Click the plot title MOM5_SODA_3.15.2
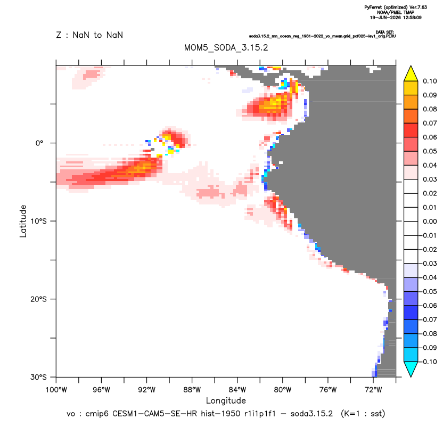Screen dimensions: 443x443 [226, 47]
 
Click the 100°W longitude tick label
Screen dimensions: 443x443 [56, 390]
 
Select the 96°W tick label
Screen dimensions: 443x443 [101, 390]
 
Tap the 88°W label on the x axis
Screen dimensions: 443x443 [192, 390]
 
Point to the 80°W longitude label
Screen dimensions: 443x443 [283, 390]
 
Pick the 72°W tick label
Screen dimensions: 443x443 [373, 390]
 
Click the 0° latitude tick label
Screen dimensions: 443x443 [39, 143]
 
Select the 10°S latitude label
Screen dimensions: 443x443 [38, 221]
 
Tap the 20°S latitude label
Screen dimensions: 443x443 [38, 299]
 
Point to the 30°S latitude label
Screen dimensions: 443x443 [38, 377]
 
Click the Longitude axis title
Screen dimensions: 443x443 [226, 400]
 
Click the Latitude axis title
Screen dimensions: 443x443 [23, 221]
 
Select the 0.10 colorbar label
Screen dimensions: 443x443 [430, 81]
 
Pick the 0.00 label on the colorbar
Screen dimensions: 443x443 [430, 221]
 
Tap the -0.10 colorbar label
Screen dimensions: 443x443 [428, 362]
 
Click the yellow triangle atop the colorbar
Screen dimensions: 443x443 [411, 75]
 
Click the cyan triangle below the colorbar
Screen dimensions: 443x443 [411, 368]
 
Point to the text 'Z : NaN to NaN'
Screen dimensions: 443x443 [89, 35]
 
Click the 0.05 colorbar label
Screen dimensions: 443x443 [430, 151]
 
